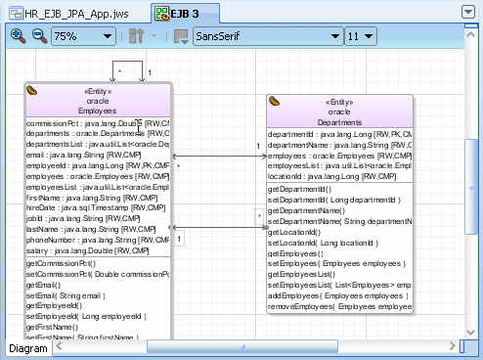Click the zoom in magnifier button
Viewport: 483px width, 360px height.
pyautogui.click(x=17, y=37)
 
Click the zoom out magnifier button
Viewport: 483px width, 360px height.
pyautogui.click(x=38, y=37)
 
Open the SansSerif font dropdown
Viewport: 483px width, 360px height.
pyautogui.click(x=265, y=37)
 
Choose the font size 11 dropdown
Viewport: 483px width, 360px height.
pyautogui.click(x=361, y=37)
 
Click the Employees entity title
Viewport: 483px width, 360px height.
pyautogui.click(x=97, y=111)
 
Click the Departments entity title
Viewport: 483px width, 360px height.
pyautogui.click(x=339, y=121)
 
